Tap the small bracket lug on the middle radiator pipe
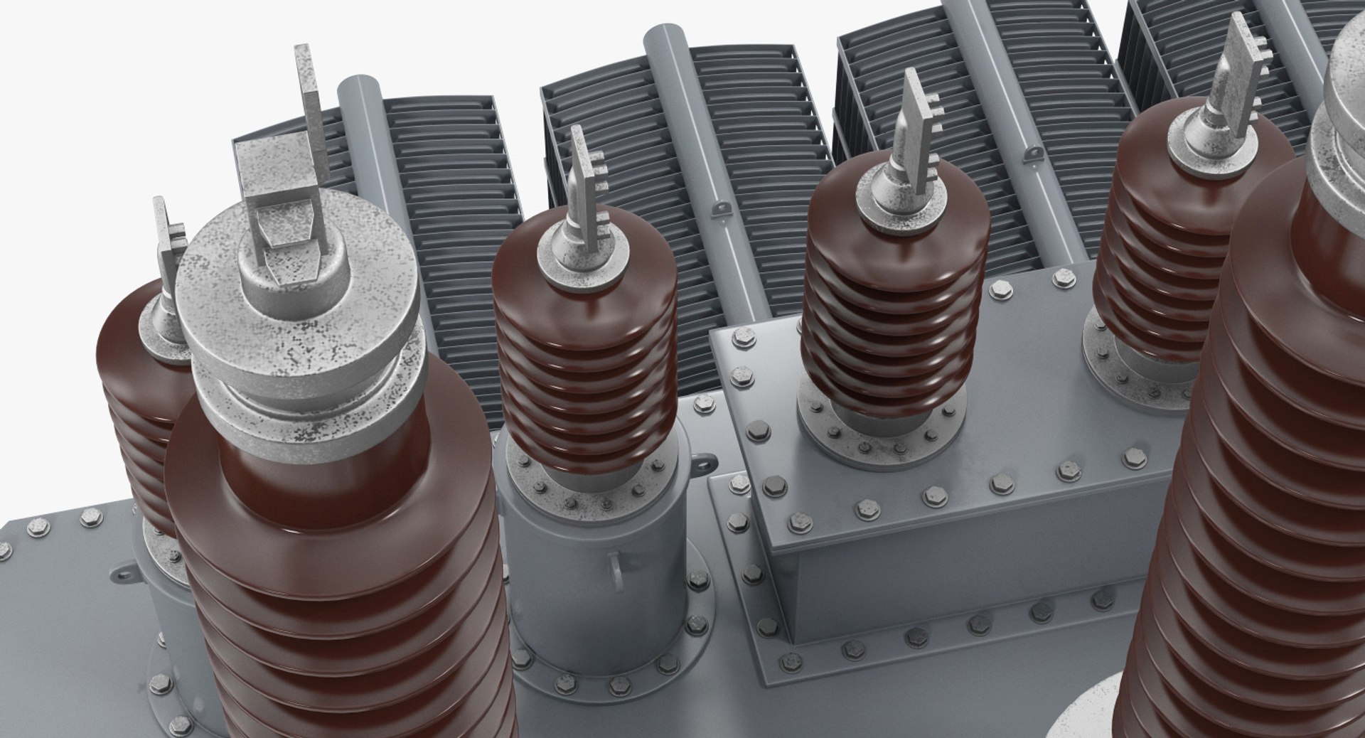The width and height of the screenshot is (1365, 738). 721,208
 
